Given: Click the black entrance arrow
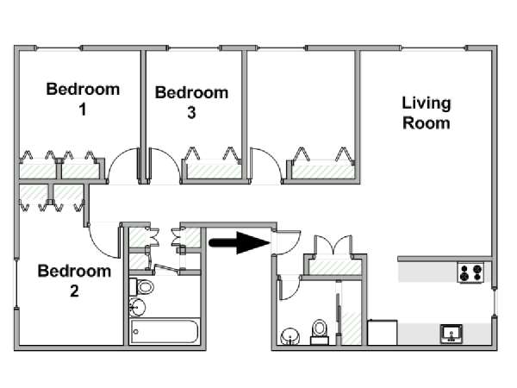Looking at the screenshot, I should pos(238,243).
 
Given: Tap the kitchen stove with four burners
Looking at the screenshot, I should pos(470,273).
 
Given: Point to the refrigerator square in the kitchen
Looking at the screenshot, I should pos(382,333).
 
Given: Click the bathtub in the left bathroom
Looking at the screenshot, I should pos(165,332).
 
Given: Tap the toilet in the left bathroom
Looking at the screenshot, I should pos(144,286).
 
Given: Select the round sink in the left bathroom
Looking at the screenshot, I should pos(136,306).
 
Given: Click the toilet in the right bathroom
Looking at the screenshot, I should pos(320,331).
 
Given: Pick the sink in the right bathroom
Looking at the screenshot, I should pos(290,335).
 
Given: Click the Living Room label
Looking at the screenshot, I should pos(427,113).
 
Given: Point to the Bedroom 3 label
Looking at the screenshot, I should pos(191,102).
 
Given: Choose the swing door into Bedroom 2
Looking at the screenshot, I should pos(105,240).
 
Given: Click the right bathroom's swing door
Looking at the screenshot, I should pos(290,285).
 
